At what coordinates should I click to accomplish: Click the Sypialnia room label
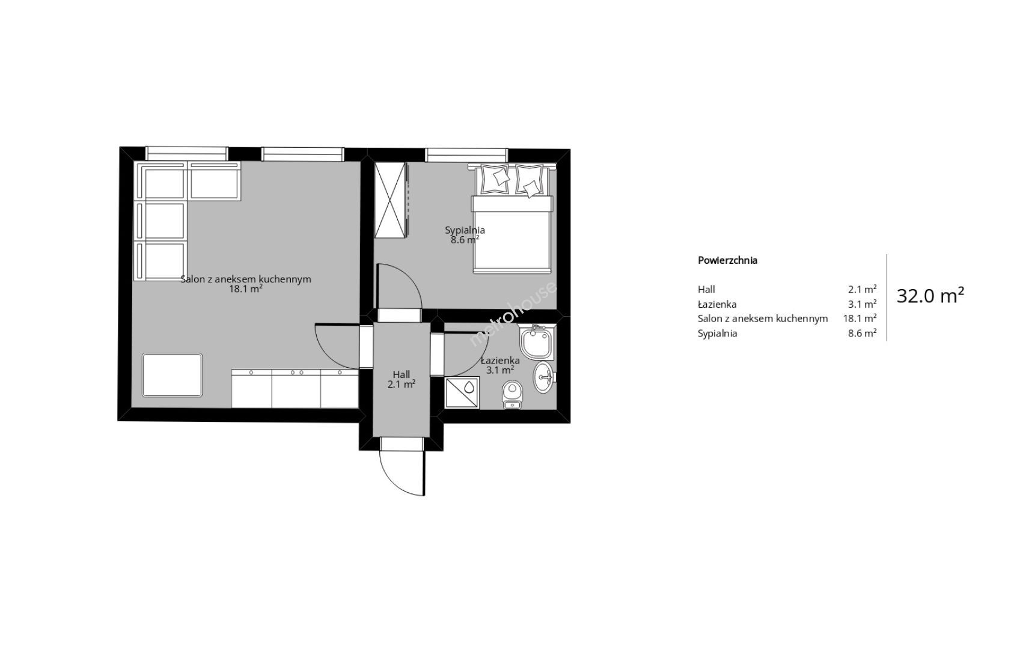[465, 230]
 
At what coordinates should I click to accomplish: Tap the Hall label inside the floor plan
[401, 374]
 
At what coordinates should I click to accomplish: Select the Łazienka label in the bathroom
[500, 361]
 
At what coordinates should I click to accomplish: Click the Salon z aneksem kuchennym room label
[246, 279]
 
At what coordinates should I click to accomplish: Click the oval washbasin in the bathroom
[544, 377]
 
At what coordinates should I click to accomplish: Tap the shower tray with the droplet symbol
[462, 393]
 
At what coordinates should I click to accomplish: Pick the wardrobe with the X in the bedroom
[391, 200]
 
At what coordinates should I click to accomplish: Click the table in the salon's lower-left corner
[173, 375]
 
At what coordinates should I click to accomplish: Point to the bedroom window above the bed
[466, 155]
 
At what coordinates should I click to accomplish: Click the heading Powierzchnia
[727, 260]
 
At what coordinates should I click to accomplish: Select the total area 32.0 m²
[930, 295]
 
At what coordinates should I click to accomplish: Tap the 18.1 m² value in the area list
[859, 318]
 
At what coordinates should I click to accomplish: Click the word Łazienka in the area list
[717, 304]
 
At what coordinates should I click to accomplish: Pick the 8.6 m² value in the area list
[862, 334]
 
